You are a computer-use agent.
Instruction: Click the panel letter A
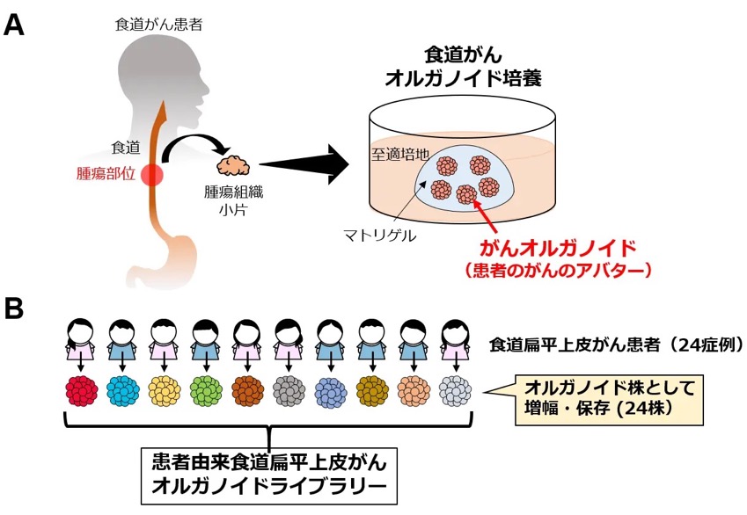pos(14,25)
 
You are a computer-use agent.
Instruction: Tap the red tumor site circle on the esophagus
pos(151,175)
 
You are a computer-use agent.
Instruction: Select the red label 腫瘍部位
pos(106,174)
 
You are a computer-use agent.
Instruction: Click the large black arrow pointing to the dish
pos(304,164)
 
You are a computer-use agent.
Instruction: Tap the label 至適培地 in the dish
pos(400,154)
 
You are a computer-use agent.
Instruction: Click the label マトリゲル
pos(380,236)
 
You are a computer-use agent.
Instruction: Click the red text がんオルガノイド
pos(558,249)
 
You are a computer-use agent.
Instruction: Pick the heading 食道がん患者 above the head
pos(158,25)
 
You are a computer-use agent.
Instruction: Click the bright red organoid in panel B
pos(82,391)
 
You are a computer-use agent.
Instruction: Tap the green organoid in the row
pos(206,391)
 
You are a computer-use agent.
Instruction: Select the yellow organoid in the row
pos(165,391)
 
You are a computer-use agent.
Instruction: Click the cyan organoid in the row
pos(123,391)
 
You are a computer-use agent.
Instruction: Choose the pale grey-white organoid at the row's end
pos(455,391)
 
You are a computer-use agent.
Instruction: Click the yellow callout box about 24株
pos(610,399)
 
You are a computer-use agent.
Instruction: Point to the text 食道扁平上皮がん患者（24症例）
pos(617,345)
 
